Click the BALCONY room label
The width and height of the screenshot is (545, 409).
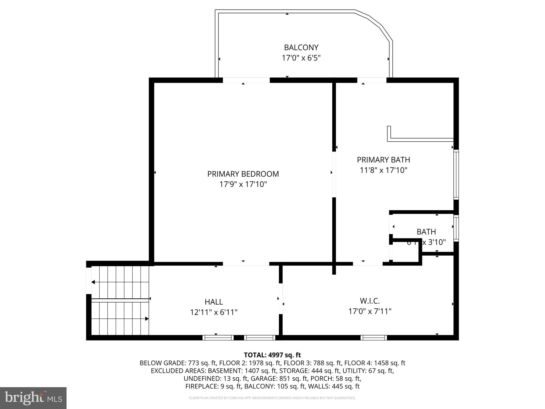301,47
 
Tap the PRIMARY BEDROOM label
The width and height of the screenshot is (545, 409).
243,174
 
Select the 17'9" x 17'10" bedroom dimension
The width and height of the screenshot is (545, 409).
243,184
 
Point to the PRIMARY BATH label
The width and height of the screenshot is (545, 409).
383,160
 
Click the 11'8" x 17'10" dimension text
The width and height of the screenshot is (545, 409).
383,170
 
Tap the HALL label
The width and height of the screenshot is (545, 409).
214,302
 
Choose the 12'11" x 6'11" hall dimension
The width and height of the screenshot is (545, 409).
214,312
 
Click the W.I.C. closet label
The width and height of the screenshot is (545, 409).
370,301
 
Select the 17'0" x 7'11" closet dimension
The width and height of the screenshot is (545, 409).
370,311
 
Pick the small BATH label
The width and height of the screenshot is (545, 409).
426,232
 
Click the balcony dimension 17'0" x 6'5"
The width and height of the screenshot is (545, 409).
301,58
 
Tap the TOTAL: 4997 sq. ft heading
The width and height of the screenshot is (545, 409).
272,355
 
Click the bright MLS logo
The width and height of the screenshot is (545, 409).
33,398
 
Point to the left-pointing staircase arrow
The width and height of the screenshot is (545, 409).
93,282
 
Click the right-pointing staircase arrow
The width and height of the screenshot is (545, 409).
147,318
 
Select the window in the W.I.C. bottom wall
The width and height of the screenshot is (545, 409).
373,338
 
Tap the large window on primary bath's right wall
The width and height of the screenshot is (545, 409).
456,174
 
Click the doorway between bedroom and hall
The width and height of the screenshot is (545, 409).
246,264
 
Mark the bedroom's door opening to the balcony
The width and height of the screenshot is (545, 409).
246,80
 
